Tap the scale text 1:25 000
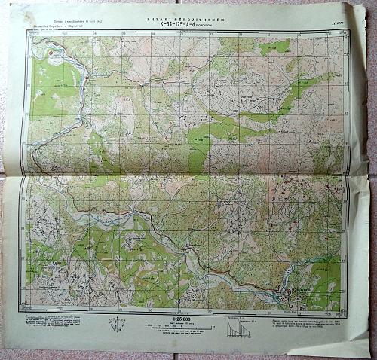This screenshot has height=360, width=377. click(x=182, y=319)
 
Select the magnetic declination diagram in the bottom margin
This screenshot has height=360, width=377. click(x=117, y=324)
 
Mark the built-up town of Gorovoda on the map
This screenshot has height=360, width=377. click(x=291, y=292)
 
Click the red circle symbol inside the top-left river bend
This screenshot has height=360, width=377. click(x=51, y=53)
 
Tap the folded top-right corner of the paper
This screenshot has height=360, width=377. click(x=354, y=9)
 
